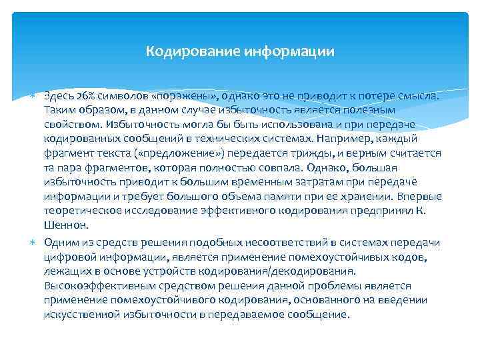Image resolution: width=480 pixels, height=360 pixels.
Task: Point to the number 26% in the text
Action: point(85,95)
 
